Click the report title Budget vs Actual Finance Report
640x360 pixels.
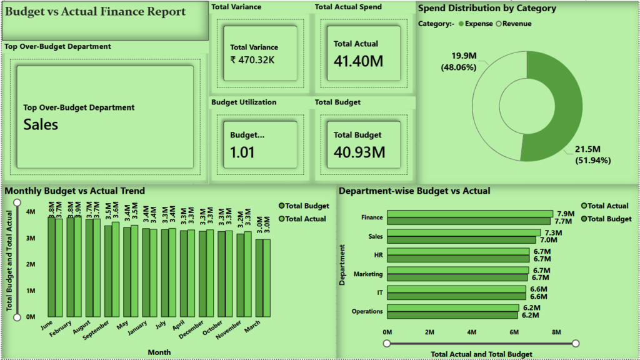[x=96, y=12]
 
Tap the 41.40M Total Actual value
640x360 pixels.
[x=358, y=61]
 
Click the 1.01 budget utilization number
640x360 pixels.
[x=242, y=152]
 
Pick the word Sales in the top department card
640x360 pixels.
[x=41, y=124]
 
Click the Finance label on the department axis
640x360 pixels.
[x=372, y=217]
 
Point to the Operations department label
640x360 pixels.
[x=367, y=311]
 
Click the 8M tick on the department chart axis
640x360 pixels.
[x=556, y=331]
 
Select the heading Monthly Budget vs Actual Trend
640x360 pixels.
[x=75, y=191]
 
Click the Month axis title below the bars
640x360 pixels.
[x=159, y=352]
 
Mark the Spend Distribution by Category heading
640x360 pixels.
[x=487, y=9]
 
